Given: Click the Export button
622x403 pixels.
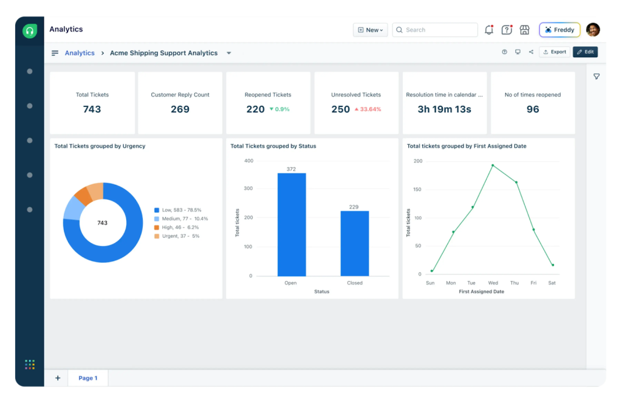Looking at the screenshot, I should pyautogui.click(x=555, y=52).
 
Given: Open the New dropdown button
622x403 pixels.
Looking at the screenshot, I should pyautogui.click(x=370, y=30).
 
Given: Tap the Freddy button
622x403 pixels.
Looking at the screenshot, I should pyautogui.click(x=559, y=30).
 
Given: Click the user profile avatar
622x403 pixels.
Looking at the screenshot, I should pyautogui.click(x=593, y=30).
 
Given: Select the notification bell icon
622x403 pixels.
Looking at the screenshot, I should pyautogui.click(x=489, y=30).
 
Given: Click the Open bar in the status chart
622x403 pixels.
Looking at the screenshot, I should pyautogui.click(x=292, y=224).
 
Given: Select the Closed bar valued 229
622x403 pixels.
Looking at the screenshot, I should pyautogui.click(x=354, y=243).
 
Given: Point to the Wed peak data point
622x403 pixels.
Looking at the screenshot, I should pyautogui.click(x=493, y=165).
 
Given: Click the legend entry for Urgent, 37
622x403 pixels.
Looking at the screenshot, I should pyautogui.click(x=177, y=236).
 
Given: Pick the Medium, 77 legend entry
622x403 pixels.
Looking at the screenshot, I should pyautogui.click(x=181, y=218).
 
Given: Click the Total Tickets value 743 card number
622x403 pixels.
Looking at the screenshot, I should pyautogui.click(x=92, y=109).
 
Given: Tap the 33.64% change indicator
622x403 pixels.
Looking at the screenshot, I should pyautogui.click(x=367, y=109).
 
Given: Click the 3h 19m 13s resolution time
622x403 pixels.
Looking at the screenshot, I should pyautogui.click(x=444, y=109).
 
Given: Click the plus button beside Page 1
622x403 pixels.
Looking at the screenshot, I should pyautogui.click(x=58, y=378).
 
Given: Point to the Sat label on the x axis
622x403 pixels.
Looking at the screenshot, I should pyautogui.click(x=552, y=283).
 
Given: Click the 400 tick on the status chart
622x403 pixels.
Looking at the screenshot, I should pyautogui.click(x=248, y=161).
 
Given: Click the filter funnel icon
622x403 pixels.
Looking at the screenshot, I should pyautogui.click(x=596, y=77).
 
